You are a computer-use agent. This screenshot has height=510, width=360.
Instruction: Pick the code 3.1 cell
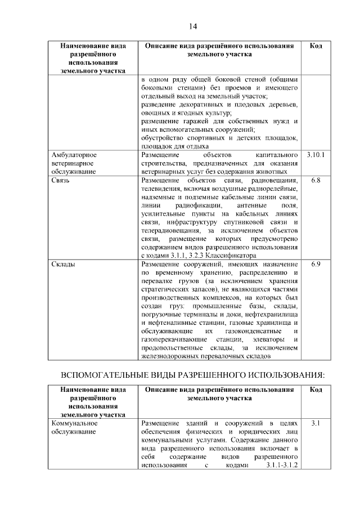coord(316,422)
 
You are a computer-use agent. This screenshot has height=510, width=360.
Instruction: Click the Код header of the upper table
coord(316,46)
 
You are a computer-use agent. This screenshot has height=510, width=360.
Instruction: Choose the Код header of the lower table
coord(316,389)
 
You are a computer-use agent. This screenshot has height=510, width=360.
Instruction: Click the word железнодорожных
coord(169,356)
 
